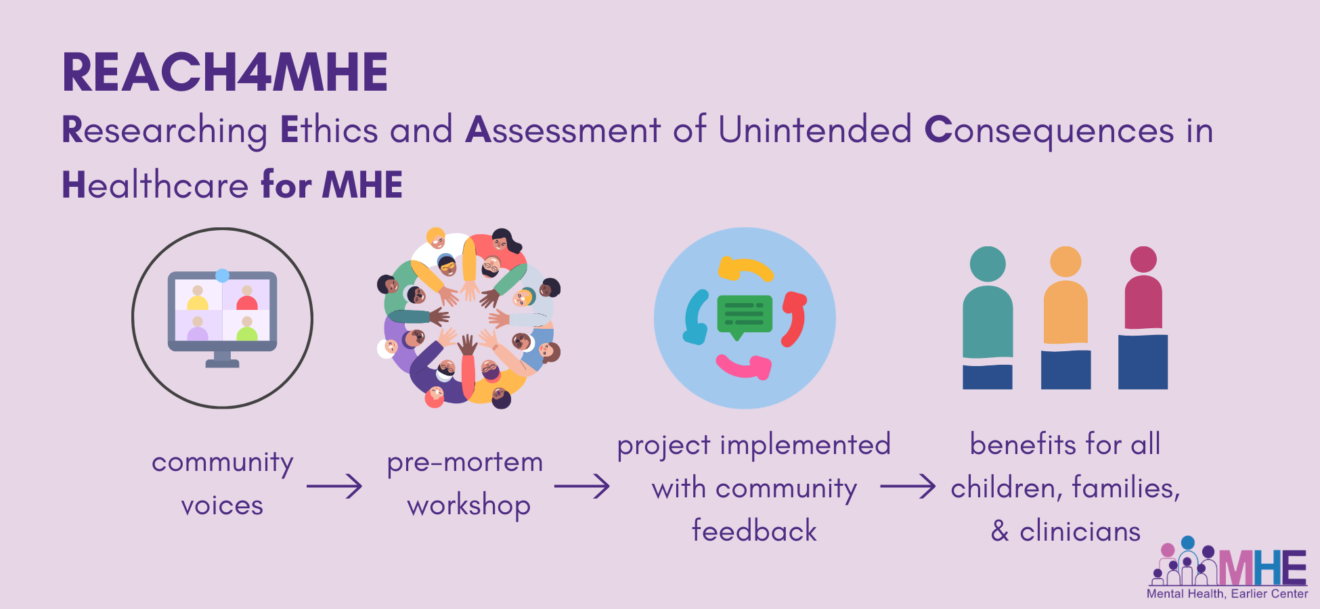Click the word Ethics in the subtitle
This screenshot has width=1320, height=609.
tap(329, 129)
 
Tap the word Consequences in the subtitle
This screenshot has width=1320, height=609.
tap(1049, 131)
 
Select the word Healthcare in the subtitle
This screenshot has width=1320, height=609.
tap(156, 185)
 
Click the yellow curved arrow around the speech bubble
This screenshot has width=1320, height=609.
tap(745, 269)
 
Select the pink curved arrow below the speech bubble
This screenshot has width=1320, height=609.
tap(744, 366)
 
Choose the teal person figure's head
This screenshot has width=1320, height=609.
tap(988, 264)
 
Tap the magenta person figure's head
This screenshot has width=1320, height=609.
tap(1143, 259)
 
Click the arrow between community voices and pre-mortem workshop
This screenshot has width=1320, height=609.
tap(334, 486)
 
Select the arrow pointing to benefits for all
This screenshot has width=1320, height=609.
tap(908, 486)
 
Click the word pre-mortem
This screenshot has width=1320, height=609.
tap(465, 463)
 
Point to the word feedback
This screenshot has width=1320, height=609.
tap(754, 531)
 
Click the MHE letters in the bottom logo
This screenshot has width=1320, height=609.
tap(1263, 567)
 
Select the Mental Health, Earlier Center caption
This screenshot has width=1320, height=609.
tap(1227, 593)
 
